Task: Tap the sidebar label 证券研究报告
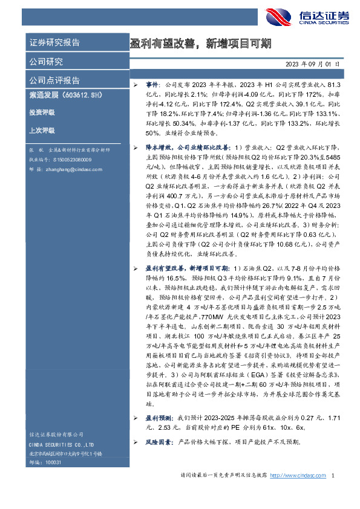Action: point(55,43)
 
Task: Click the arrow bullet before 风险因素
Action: point(136,442)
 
